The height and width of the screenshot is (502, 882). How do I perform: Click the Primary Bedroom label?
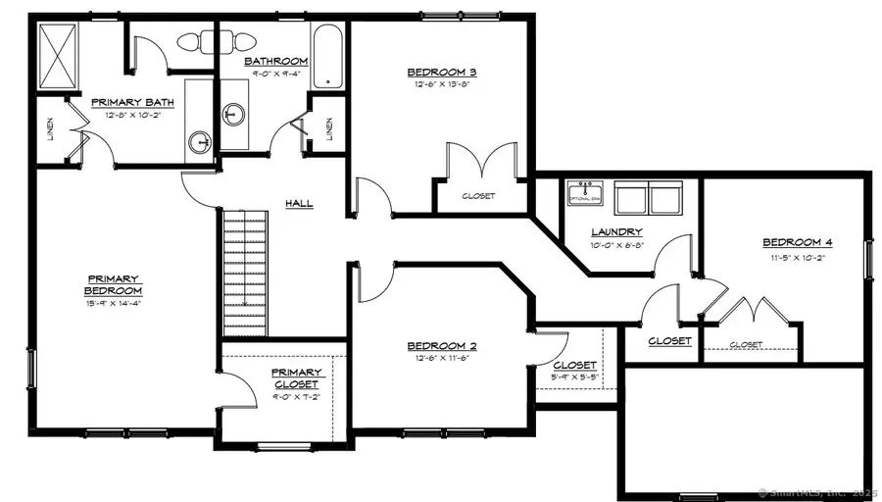114,284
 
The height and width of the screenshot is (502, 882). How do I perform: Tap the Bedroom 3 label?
442,72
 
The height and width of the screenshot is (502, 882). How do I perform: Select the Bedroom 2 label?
442,346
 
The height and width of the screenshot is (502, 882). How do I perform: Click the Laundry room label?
616,232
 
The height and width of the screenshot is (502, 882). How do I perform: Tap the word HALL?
299,203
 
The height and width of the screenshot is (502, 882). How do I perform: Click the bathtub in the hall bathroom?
326,58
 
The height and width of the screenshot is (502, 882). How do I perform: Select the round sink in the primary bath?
201,140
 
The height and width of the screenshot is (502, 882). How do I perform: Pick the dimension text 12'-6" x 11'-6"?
442,359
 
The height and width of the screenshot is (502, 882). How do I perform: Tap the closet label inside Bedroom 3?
478,196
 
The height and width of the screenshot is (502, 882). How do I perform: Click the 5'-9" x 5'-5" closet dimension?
575,377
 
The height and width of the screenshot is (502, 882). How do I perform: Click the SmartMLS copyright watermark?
817,490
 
